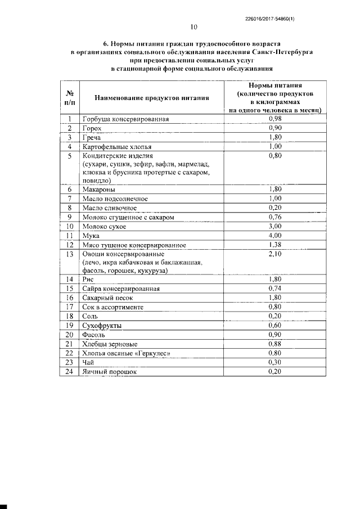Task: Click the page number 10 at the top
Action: [194, 26]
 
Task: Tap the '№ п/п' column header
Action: [70, 97]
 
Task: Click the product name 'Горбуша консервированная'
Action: [125, 119]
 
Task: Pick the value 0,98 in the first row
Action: [274, 119]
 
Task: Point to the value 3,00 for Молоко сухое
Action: [274, 226]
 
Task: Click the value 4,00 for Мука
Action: [274, 235]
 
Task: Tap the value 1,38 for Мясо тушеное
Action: [274, 245]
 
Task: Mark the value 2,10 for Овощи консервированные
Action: [274, 254]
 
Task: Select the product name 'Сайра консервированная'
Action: [121, 289]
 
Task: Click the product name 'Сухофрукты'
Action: [102, 326]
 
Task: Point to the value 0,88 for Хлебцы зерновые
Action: [274, 344]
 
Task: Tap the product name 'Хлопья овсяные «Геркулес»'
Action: [126, 353]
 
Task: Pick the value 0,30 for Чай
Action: [274, 362]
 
